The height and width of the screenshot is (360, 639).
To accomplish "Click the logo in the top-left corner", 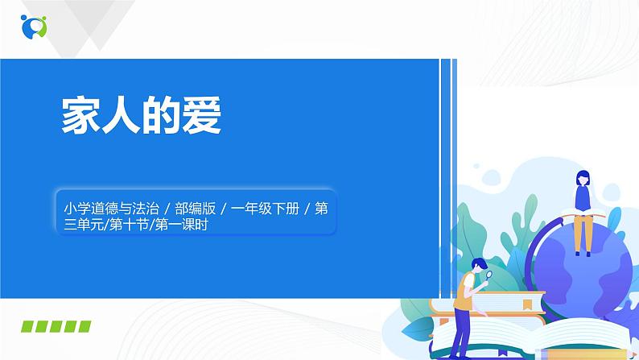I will (x=35, y=26).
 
